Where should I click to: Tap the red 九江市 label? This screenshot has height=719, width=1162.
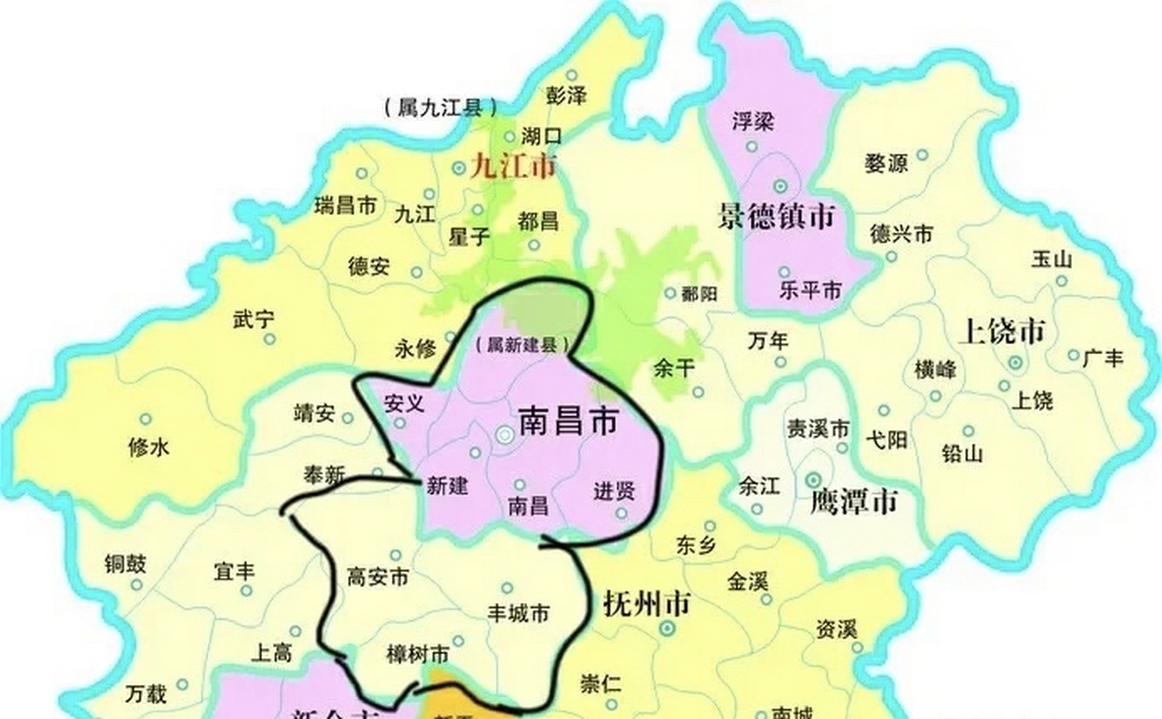click(x=513, y=166)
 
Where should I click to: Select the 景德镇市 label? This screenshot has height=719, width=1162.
click(x=776, y=217)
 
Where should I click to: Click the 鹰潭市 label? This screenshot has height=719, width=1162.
click(x=854, y=502)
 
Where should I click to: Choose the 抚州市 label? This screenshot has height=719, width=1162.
click(x=646, y=604)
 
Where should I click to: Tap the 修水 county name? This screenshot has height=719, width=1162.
click(x=148, y=448)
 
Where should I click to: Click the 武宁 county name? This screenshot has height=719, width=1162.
click(x=253, y=320)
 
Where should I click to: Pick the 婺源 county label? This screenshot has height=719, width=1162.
click(x=886, y=163)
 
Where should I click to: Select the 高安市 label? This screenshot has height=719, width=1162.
click(x=378, y=577)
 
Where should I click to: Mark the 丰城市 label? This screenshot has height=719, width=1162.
click(x=518, y=613)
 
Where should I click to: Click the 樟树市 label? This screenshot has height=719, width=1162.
click(x=418, y=654)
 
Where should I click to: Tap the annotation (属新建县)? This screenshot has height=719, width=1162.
click(x=522, y=345)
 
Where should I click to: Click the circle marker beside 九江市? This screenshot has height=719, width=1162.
click(x=459, y=167)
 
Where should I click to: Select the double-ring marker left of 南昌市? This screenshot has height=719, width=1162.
click(x=505, y=434)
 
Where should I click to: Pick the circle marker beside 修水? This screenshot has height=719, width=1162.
click(x=146, y=419)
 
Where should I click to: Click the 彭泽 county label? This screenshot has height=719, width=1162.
click(x=566, y=96)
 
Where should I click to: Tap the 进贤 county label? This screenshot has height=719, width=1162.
click(x=614, y=492)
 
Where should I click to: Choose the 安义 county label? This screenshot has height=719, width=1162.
click(x=403, y=403)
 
